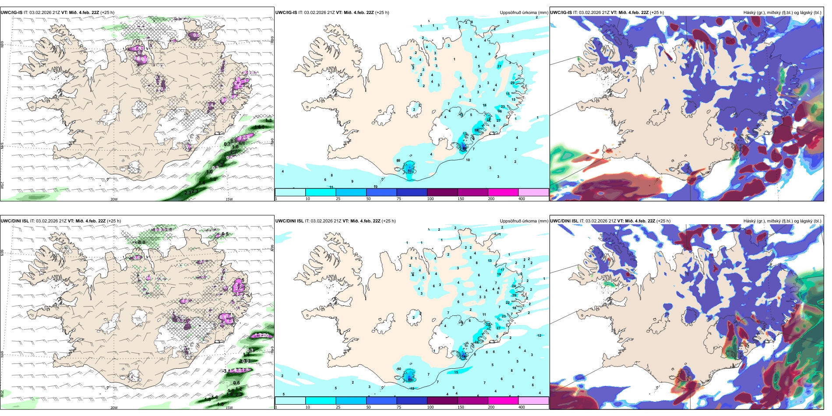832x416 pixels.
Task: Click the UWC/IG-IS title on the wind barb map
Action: (x=11, y=12)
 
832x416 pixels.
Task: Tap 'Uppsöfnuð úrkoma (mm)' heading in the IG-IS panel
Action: (x=524, y=12)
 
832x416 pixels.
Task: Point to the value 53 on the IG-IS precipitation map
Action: (x=410, y=171)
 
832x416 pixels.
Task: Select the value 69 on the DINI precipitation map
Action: (x=410, y=379)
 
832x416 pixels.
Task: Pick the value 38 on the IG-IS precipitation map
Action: (x=476, y=130)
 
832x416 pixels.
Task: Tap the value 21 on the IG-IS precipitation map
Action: (x=500, y=66)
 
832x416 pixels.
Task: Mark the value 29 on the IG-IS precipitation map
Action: (x=512, y=83)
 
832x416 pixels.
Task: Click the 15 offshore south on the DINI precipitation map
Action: (x=456, y=372)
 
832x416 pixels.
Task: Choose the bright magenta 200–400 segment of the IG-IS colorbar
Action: (x=503, y=192)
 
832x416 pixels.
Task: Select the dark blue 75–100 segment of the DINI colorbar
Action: (x=412, y=401)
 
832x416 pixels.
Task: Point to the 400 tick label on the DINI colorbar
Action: (x=522, y=407)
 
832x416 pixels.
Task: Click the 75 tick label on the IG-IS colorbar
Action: (x=399, y=199)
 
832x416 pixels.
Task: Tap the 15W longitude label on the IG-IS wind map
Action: (x=229, y=199)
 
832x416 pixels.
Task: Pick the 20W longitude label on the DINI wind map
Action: (x=114, y=408)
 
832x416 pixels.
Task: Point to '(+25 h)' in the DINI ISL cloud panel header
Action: (x=663, y=221)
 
